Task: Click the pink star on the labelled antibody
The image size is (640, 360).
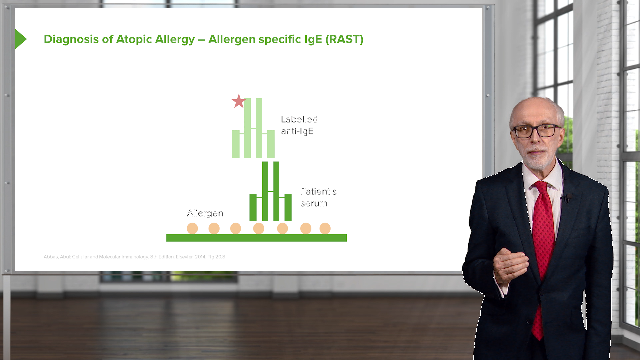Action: (238, 101)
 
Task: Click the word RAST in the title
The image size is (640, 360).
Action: (344, 39)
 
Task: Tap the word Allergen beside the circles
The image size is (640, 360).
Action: (205, 213)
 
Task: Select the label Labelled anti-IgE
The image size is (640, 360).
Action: (299, 125)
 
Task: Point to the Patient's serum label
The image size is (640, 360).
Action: (318, 197)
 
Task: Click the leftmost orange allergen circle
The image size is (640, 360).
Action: (192, 229)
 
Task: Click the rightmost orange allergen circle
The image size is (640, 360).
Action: (325, 229)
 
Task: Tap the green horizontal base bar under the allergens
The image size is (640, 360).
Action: (256, 238)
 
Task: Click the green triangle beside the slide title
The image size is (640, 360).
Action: (20, 39)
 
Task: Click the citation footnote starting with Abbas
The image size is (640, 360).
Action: (134, 257)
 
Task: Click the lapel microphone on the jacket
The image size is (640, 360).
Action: (567, 198)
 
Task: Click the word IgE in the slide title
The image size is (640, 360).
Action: (313, 39)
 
